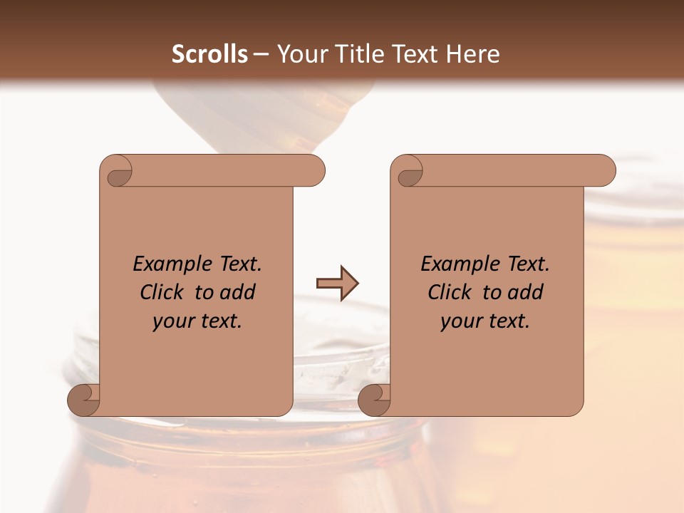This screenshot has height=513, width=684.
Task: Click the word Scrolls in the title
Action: coord(210,54)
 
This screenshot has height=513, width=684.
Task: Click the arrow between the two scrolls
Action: coord(338,284)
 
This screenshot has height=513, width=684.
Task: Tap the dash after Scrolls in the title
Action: coord(261,54)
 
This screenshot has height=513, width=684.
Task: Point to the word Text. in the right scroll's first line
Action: coord(528,264)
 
